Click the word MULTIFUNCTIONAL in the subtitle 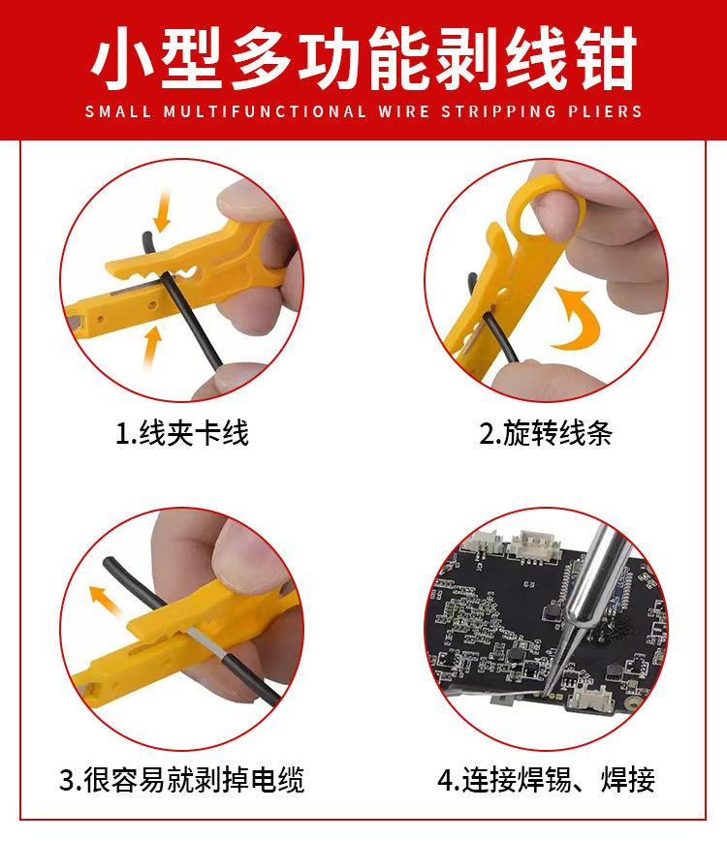265,111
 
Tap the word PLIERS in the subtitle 605,111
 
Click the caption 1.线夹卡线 182,433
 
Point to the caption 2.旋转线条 546,433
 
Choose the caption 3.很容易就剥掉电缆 182,780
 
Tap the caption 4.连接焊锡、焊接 546,780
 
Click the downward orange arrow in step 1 161,211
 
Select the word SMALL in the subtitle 118,111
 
